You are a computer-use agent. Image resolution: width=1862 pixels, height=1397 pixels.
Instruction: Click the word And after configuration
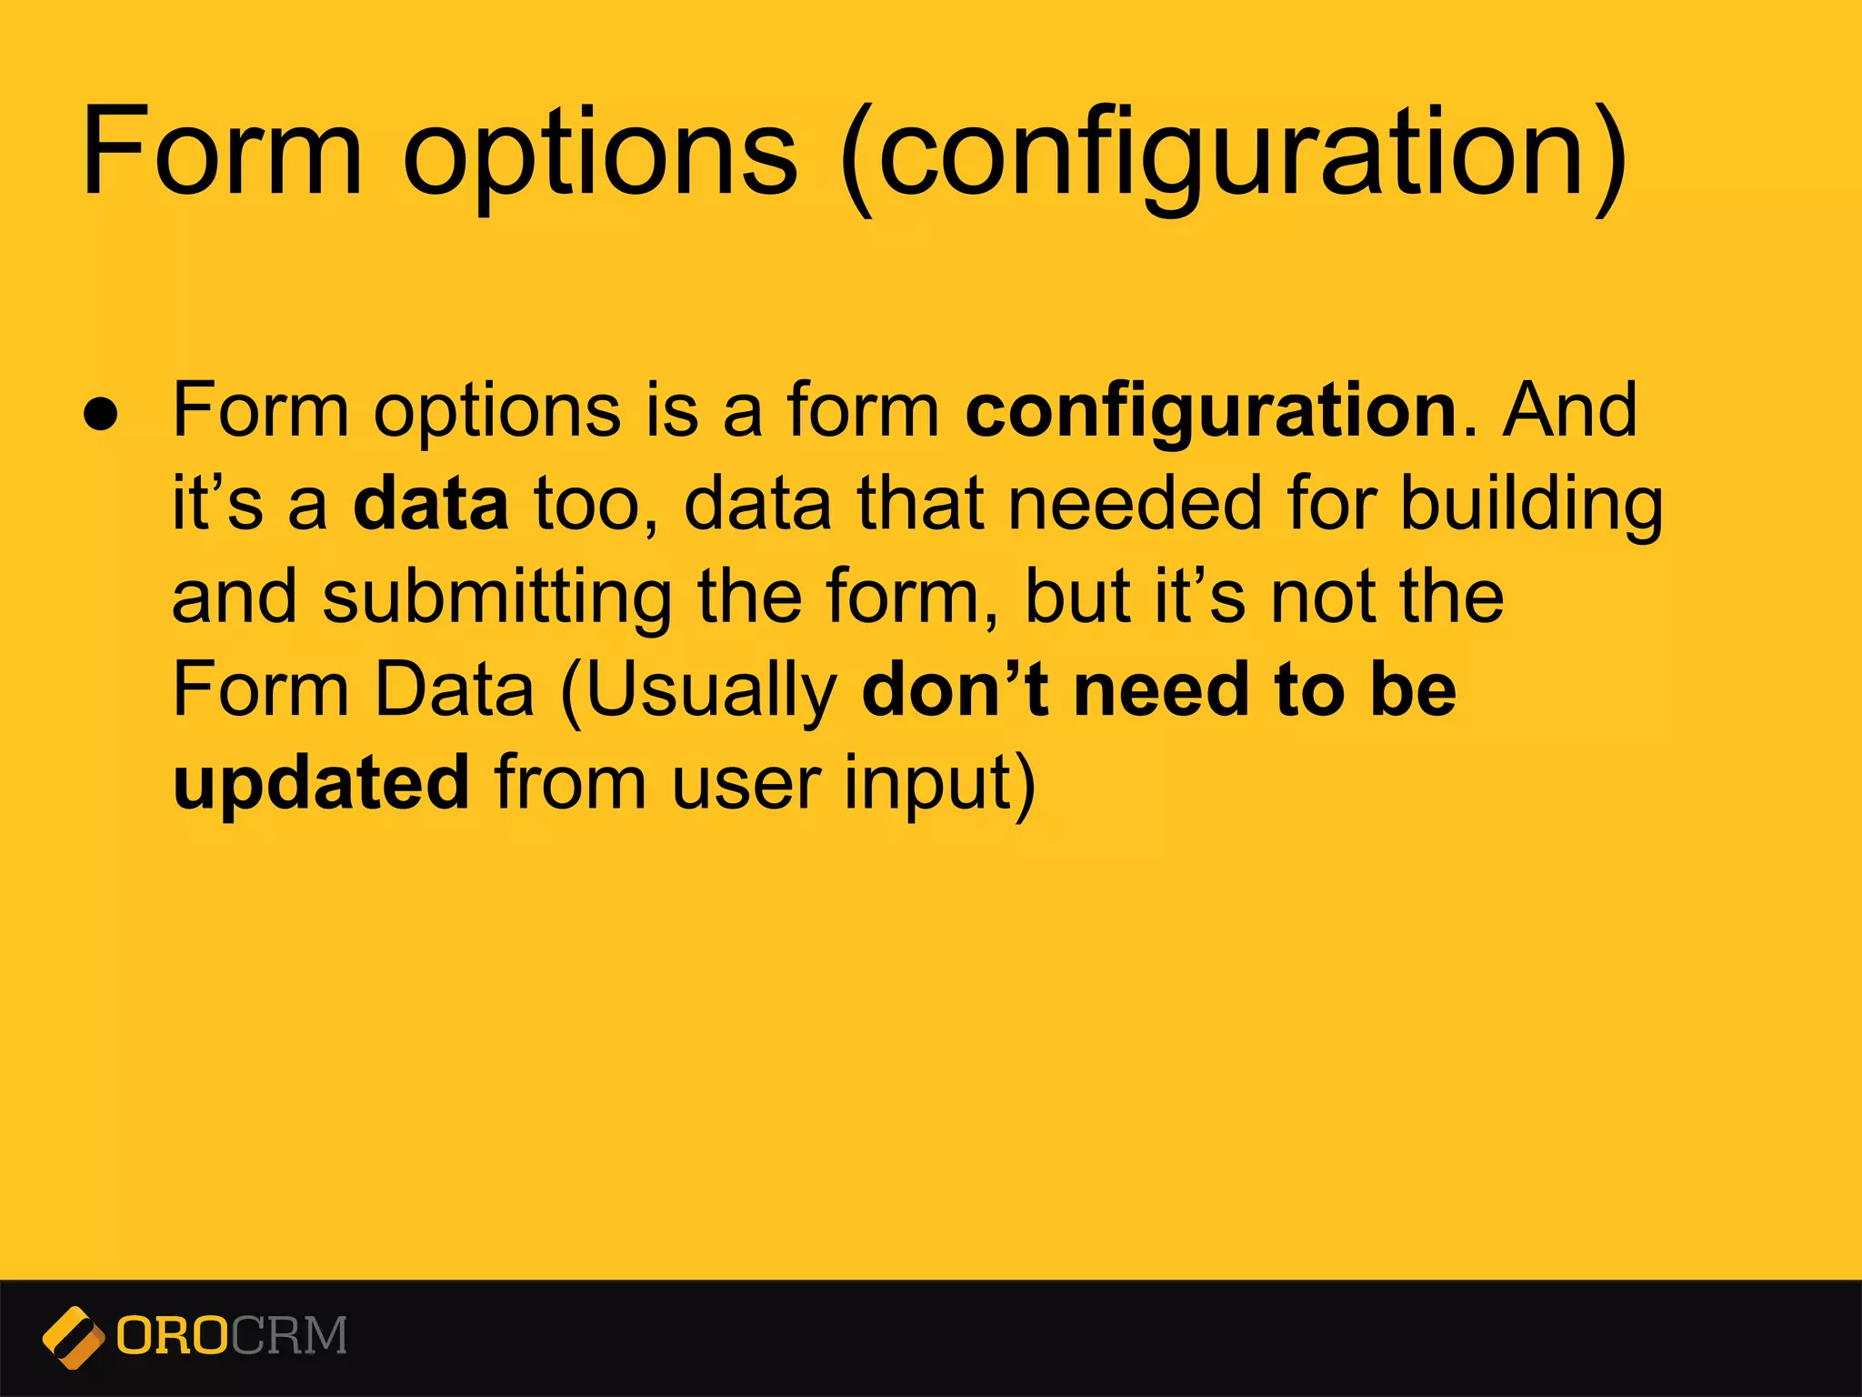(x=1569, y=411)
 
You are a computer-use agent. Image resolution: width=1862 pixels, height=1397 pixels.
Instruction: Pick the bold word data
(x=430, y=504)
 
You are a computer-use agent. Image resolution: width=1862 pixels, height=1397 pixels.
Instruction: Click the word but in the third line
(x=1076, y=597)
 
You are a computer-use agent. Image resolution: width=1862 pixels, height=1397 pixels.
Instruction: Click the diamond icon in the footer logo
(x=72, y=1337)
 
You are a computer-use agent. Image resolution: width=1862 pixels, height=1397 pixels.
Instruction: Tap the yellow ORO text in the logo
(x=172, y=1336)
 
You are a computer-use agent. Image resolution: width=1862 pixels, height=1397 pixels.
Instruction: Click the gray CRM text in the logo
(x=288, y=1336)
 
